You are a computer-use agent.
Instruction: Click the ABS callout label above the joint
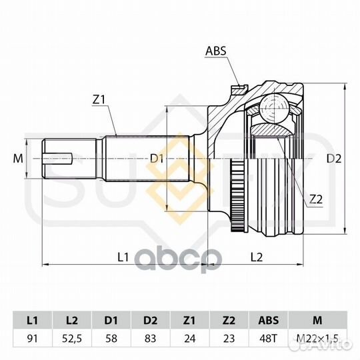tap(215, 51)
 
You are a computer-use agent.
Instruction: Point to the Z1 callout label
tap(99, 99)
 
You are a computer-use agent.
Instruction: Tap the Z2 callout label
tap(316, 199)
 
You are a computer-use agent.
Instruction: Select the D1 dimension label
tap(157, 159)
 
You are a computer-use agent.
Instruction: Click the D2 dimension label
tap(334, 159)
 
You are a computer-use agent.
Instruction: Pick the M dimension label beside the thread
tap(18, 159)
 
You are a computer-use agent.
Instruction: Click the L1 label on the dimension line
tap(123, 257)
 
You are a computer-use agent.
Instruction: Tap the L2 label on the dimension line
tap(256, 257)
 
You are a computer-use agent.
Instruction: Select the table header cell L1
tap(33, 320)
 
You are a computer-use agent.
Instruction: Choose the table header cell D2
tap(151, 320)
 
